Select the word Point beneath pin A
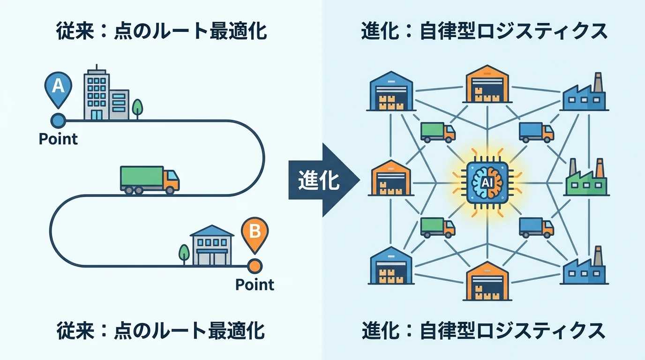point(58,139)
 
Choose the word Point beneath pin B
point(255,285)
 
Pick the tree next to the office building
point(137,108)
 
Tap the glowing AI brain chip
point(487,180)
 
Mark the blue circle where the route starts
point(58,120)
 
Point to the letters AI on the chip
point(487,181)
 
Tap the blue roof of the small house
point(211,231)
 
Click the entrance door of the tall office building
point(96,115)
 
